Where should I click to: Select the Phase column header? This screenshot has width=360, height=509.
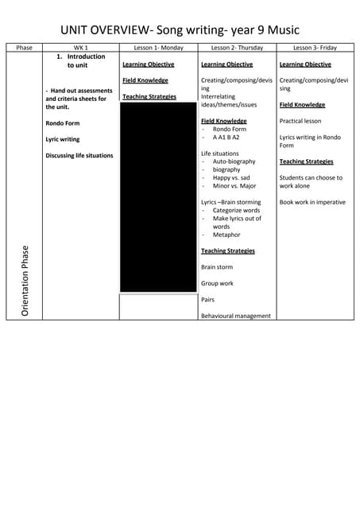pyautogui.click(x=24, y=48)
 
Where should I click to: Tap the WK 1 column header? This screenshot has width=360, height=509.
pyautogui.click(x=80, y=48)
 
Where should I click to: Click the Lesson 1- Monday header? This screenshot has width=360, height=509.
pyautogui.click(x=158, y=48)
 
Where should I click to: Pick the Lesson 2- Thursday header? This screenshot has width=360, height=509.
pyautogui.click(x=237, y=48)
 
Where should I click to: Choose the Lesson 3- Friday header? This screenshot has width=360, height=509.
pyautogui.click(x=315, y=48)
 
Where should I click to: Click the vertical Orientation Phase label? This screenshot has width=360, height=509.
pyautogui.click(x=25, y=281)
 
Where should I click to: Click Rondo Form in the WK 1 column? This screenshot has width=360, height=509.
pyautogui.click(x=64, y=123)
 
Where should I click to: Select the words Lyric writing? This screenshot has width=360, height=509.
pyautogui.click(x=63, y=139)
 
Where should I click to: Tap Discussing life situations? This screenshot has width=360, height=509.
pyautogui.click(x=79, y=156)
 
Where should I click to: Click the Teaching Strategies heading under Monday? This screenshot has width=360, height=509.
pyautogui.click(x=149, y=97)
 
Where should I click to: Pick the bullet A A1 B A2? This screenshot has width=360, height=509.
pyautogui.click(x=226, y=137)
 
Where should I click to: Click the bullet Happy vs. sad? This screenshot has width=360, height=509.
pyautogui.click(x=231, y=177)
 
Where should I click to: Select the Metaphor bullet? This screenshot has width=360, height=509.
pyautogui.click(x=226, y=235)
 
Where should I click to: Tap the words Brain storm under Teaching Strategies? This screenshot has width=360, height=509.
pyautogui.click(x=217, y=267)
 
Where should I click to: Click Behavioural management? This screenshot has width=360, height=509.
pyautogui.click(x=236, y=316)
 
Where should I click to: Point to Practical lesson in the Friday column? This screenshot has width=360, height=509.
pyautogui.click(x=300, y=121)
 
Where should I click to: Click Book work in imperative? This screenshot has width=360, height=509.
pyautogui.click(x=312, y=202)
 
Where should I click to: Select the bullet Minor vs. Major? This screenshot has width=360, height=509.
pyautogui.click(x=234, y=186)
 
